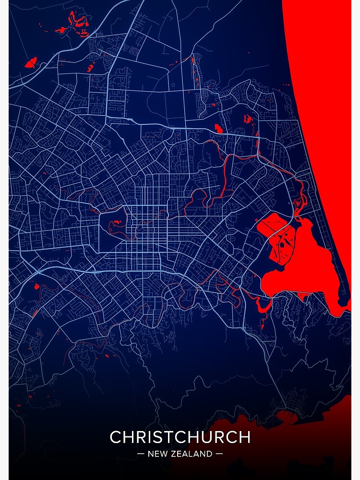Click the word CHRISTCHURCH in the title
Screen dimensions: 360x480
tap(180, 437)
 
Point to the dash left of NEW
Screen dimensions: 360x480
tap(141, 454)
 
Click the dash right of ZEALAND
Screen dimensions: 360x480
tap(219, 454)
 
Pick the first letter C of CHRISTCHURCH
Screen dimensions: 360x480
tap(116, 437)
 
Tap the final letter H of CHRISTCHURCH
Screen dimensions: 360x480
tap(244, 437)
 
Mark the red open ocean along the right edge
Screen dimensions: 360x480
tap(326, 96)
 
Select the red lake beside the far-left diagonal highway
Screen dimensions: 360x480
tap(31, 62)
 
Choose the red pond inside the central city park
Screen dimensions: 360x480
tap(116, 223)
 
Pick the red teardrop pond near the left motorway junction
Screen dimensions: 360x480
tap(35, 287)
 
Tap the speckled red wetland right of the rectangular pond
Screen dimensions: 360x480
tap(248, 119)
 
